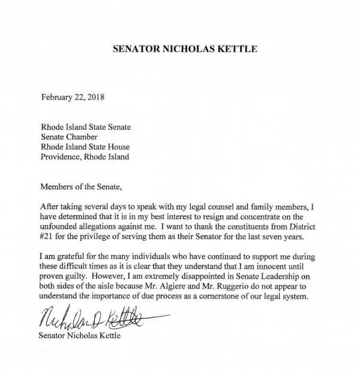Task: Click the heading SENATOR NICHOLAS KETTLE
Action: (x=185, y=49)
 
